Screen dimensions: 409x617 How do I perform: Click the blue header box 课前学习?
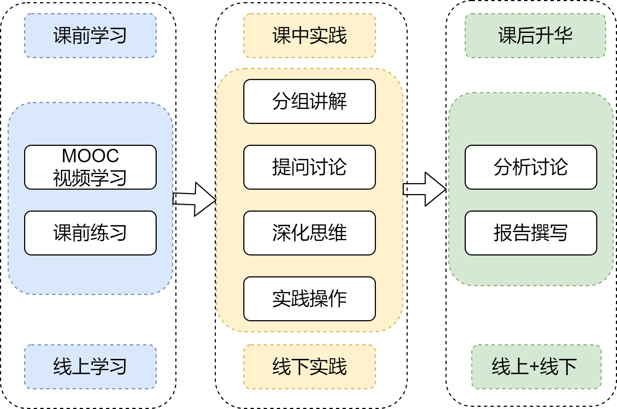[x=90, y=36]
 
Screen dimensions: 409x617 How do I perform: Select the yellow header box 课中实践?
[x=309, y=36]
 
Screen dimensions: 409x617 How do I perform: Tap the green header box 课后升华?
[x=535, y=36]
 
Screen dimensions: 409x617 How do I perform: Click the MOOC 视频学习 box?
[x=90, y=167]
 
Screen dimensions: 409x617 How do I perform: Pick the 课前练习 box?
[x=90, y=233]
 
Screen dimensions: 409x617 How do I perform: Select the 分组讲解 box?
[x=309, y=101]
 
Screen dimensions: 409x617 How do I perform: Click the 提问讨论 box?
[x=309, y=167]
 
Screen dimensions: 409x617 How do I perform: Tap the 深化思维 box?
[x=309, y=233]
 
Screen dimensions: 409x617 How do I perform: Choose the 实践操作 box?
[x=309, y=299]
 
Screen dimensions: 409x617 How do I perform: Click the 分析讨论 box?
[x=531, y=167]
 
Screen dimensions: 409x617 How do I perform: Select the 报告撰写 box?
[x=531, y=233]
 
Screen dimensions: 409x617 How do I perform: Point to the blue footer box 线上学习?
[x=90, y=367]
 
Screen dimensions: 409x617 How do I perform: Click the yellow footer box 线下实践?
[x=309, y=367]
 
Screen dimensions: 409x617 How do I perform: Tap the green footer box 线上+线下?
[x=536, y=367]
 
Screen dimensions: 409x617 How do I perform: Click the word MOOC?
[x=90, y=156]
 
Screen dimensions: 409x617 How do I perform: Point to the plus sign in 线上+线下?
[x=534, y=367]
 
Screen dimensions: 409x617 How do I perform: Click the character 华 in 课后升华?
[x=563, y=36]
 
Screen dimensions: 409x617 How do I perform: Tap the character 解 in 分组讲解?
[x=338, y=101]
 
